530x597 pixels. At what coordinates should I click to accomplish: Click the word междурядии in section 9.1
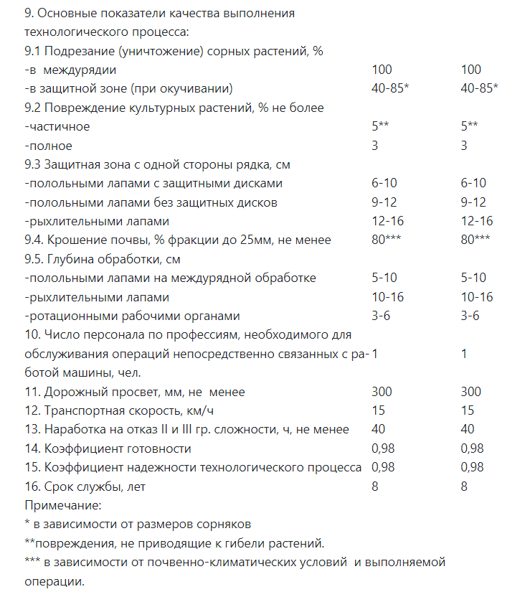[80, 70]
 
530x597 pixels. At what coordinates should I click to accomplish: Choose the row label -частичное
[57, 126]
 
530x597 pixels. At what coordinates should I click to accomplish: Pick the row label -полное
[49, 146]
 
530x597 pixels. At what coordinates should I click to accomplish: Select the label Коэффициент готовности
[108, 448]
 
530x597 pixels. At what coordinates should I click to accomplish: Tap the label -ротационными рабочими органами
[132, 316]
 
